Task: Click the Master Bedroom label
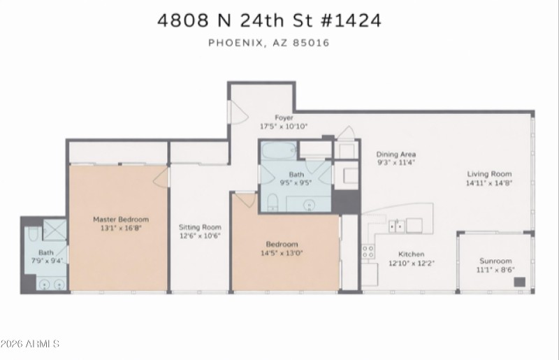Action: (121, 219)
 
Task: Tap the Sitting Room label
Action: (200, 227)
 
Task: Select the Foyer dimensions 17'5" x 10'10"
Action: (284, 127)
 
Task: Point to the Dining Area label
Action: (396, 154)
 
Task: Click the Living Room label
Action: (489, 174)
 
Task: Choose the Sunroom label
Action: (495, 261)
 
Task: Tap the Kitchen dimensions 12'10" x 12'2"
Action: (412, 264)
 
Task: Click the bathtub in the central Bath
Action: (279, 150)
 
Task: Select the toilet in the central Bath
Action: (273, 202)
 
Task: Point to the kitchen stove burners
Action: (368, 251)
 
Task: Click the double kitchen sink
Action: (397, 226)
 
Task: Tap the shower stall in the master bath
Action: (55, 229)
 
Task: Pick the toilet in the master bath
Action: (33, 233)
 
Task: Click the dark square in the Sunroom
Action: (519, 282)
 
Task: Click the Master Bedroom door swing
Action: (161, 178)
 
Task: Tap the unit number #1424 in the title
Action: (351, 20)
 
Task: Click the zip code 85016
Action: (311, 43)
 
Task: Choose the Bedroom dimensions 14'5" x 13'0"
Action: (282, 253)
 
